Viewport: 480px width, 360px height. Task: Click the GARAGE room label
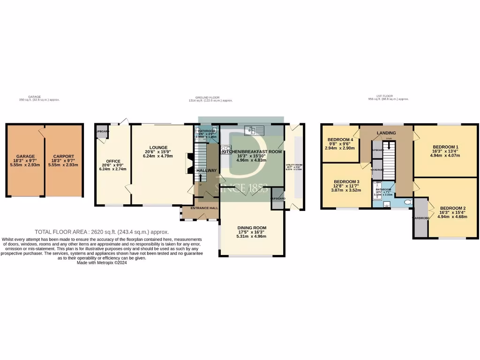click(25, 156)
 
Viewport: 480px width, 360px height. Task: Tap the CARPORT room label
click(63, 156)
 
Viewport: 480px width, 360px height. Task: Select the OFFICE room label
click(113, 161)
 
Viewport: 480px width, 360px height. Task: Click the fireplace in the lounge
click(189, 164)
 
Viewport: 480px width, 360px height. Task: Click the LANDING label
click(386, 133)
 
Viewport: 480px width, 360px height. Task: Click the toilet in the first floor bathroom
click(407, 202)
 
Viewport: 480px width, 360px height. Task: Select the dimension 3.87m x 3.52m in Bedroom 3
click(346, 191)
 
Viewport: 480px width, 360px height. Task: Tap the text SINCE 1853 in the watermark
click(241, 189)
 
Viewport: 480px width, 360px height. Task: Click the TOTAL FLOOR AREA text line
click(102, 232)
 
